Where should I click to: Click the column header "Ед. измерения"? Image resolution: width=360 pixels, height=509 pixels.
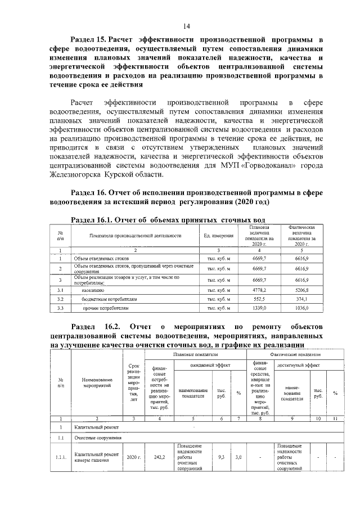click(218, 236)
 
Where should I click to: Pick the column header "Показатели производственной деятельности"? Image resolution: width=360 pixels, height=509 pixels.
click(135, 236)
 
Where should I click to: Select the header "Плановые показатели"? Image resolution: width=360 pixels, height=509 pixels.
click(195, 355)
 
